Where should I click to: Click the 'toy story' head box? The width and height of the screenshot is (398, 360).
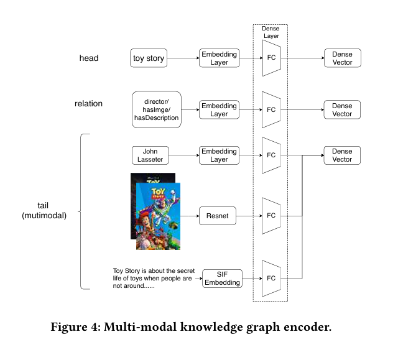tap(149, 58)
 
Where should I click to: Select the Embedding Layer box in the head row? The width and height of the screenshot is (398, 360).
tap(219, 58)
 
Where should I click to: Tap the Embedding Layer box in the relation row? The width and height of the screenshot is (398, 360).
tap(219, 110)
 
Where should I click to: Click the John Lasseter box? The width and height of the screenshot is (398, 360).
tap(150, 155)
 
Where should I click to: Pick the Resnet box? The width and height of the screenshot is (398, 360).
tap(218, 216)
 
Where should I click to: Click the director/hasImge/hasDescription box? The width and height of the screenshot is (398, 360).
tap(157, 109)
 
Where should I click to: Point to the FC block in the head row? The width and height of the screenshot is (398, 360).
tap(271, 58)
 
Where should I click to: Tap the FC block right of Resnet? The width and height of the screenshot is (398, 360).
tap(271, 216)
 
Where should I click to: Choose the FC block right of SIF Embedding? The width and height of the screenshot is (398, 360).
tap(271, 279)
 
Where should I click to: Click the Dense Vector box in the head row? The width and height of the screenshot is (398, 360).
tap(342, 58)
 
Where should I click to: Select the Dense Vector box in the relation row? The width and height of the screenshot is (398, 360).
tap(342, 110)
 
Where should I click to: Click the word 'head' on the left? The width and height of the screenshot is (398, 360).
tap(88, 58)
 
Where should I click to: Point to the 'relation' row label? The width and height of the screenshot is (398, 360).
tap(88, 104)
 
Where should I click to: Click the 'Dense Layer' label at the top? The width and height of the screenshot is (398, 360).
tap(271, 32)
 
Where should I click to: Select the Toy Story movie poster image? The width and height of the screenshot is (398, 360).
tap(155, 211)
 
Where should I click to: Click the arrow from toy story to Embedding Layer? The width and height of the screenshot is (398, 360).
tap(183, 58)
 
